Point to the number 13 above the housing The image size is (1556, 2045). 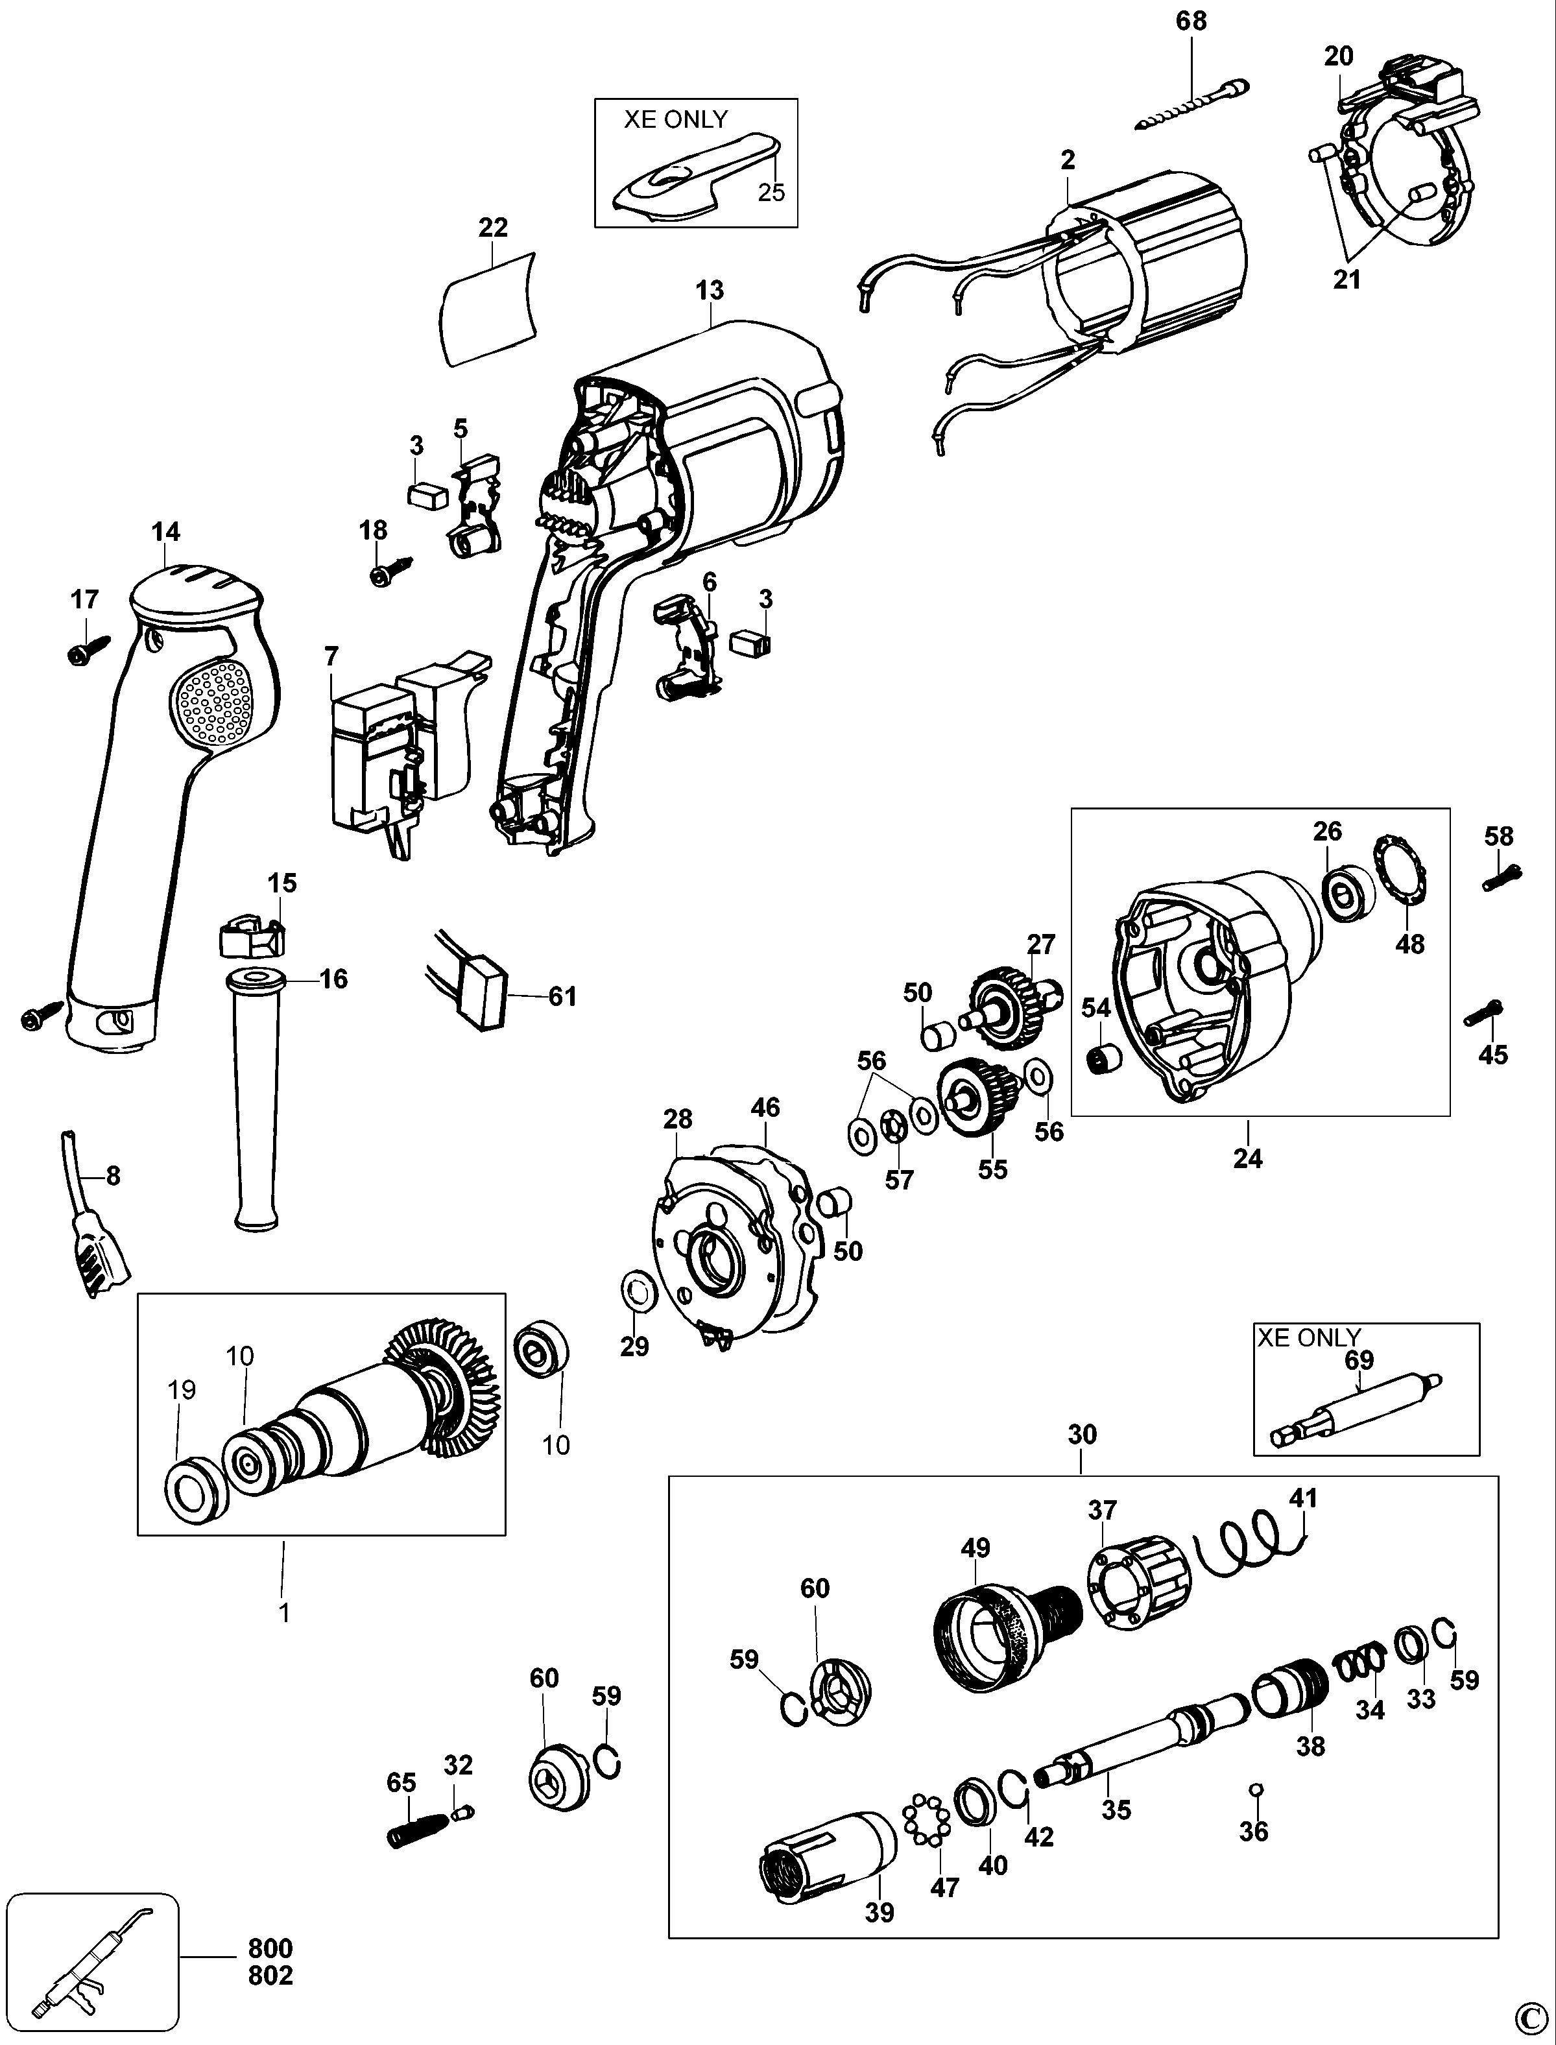pos(710,291)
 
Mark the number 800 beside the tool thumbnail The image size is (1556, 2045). pos(270,1948)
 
